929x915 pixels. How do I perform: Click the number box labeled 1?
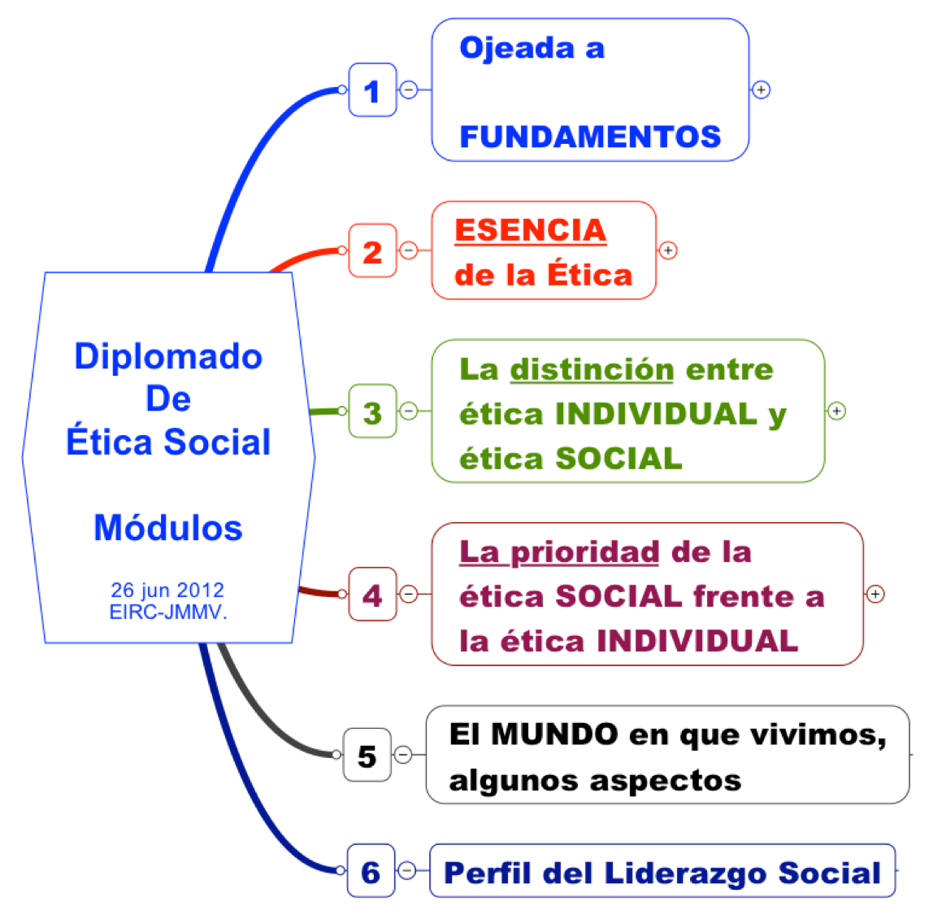click(373, 89)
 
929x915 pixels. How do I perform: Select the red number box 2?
click(373, 251)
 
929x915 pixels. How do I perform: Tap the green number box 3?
click(373, 411)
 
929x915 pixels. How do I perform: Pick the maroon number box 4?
click(373, 595)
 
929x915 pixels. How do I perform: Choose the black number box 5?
click(367, 755)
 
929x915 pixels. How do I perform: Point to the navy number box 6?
click(371, 870)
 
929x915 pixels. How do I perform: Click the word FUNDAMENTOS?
click(590, 137)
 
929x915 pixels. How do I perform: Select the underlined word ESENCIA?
click(531, 230)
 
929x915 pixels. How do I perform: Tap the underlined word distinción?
click(592, 370)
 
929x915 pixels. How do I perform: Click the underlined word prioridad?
click(584, 553)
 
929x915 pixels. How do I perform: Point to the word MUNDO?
click(555, 734)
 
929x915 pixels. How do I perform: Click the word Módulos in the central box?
click(168, 527)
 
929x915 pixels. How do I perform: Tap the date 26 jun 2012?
click(167, 590)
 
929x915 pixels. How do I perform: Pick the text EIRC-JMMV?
click(168, 612)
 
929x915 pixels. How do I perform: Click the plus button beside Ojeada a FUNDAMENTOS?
click(761, 89)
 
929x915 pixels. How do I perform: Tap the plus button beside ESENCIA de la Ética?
click(668, 251)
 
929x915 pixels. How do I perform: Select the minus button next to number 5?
click(403, 754)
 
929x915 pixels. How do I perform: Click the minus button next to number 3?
click(409, 411)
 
